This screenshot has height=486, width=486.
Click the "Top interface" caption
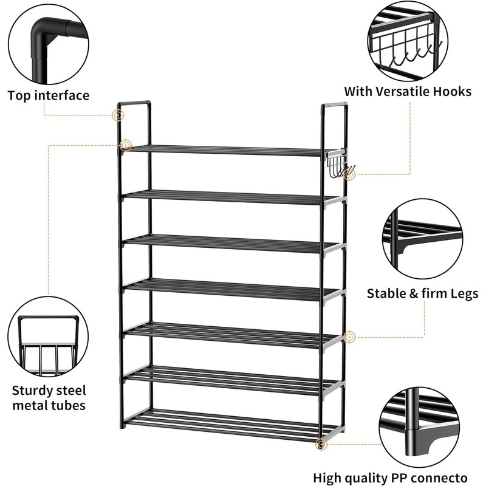[x=49, y=95]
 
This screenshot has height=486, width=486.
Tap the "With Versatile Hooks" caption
[x=408, y=92]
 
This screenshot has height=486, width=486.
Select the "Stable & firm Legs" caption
[x=422, y=294]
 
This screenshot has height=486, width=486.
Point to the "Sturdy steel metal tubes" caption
[x=49, y=397]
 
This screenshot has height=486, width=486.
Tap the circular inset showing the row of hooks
[x=408, y=39]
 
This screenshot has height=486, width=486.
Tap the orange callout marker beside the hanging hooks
[x=349, y=174]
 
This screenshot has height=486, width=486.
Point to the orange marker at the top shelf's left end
[x=125, y=146]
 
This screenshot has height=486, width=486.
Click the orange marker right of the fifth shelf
[x=349, y=336]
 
